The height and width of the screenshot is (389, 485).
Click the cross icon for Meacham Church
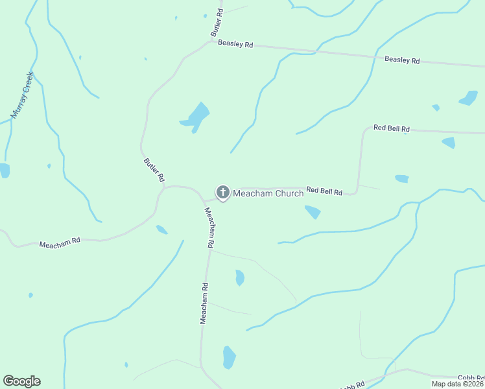(x=222, y=192)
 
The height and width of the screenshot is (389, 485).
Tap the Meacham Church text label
(x=268, y=193)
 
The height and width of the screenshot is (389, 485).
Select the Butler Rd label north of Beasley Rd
(x=217, y=22)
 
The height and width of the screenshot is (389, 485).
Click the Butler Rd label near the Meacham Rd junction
(x=154, y=170)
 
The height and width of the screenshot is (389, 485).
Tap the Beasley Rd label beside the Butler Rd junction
(x=235, y=44)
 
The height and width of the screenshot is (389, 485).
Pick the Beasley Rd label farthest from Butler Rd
(x=402, y=60)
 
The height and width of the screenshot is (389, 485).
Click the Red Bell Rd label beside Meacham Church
(x=324, y=191)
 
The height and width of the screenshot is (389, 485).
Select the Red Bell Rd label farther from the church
(x=392, y=129)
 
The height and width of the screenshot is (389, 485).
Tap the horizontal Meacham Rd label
(x=60, y=242)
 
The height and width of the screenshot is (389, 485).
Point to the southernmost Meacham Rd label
(x=204, y=303)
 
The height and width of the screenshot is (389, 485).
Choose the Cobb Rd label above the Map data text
(x=471, y=377)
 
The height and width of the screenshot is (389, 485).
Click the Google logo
(x=21, y=381)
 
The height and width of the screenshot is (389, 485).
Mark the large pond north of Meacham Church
(x=196, y=115)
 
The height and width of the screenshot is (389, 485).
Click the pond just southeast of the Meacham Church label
(x=313, y=211)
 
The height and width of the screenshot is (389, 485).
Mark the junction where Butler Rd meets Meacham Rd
(x=166, y=187)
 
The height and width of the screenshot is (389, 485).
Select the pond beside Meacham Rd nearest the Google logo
(x=229, y=357)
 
